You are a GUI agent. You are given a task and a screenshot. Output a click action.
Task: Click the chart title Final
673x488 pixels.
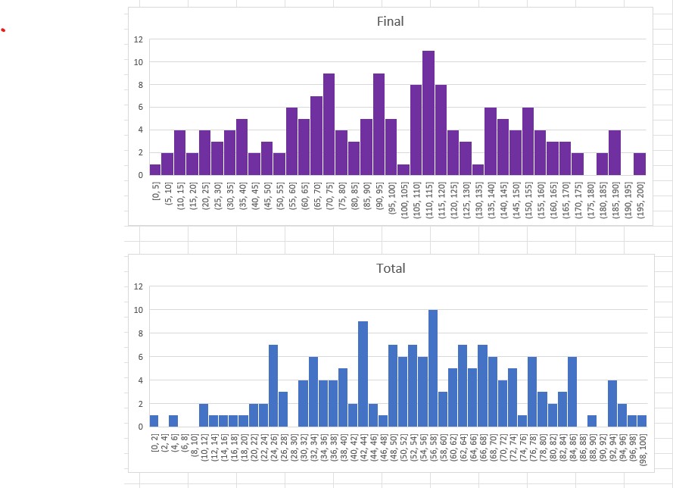pos(390,21)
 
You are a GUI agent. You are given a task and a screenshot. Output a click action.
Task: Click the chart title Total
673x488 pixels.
pos(391,268)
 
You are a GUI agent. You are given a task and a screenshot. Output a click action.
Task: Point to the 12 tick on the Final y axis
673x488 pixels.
pos(137,39)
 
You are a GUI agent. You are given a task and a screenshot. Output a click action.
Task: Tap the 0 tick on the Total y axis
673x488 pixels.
pos(139,427)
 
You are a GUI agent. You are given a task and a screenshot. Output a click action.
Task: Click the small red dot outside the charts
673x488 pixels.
pos(3,30)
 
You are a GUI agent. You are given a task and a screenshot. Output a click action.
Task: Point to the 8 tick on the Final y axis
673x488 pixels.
pos(139,85)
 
